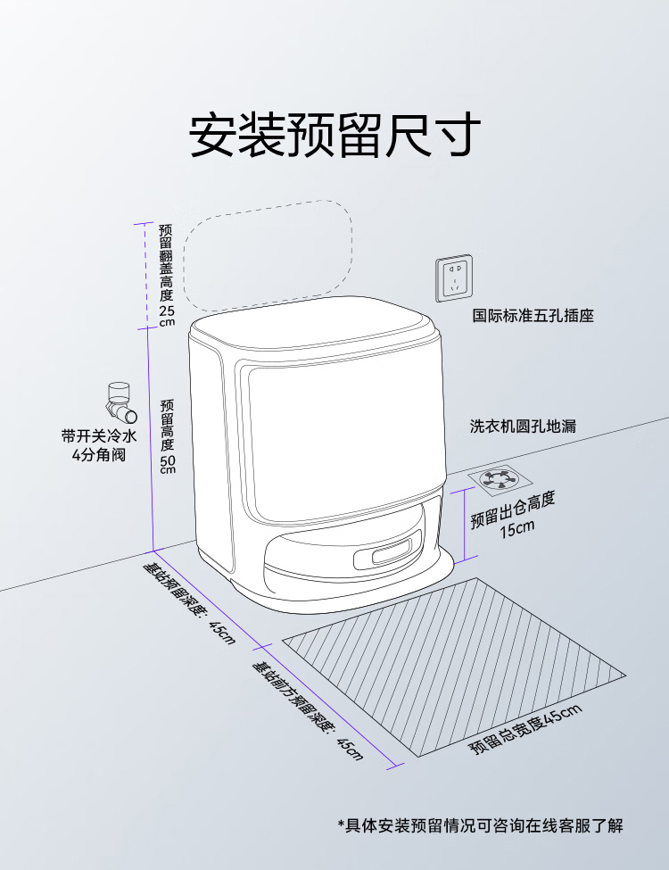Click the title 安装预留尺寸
coord(334,136)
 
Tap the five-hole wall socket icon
coord(454,277)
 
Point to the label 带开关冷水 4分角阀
coord(98,445)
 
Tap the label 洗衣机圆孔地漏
coord(523,427)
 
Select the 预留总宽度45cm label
coord(525,728)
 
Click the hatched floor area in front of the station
coord(455,665)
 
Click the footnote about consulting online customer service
coord(480,825)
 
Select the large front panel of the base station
coord(343,437)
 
